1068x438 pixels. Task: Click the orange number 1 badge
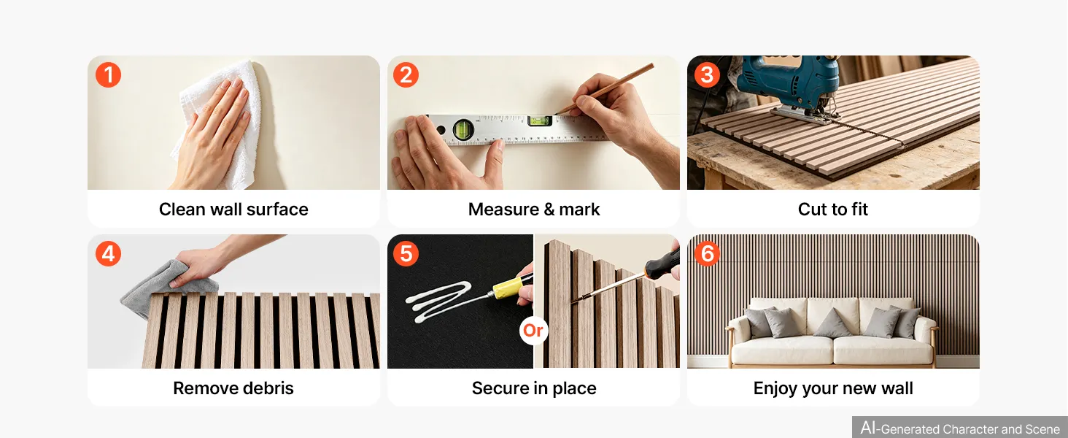108,75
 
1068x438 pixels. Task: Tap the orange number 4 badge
108,253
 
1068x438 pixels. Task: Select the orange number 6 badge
707,253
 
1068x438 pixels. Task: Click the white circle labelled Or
533,330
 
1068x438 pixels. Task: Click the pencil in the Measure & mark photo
604,89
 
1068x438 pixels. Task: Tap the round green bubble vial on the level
463,128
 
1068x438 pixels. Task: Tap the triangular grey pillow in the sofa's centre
832,323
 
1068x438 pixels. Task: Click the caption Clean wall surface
233,209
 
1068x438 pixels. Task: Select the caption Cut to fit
833,209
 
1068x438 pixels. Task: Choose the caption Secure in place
534,388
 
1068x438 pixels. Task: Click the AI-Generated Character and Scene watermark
960,428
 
